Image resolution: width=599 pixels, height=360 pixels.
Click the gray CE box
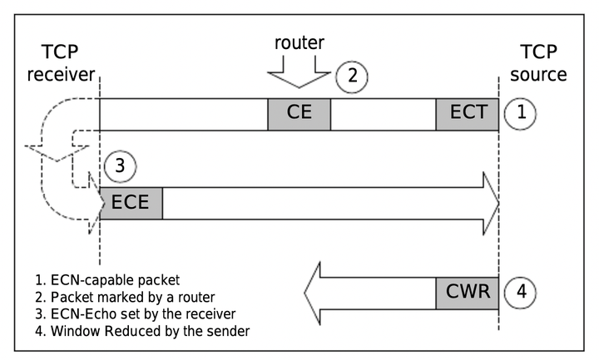[299, 114]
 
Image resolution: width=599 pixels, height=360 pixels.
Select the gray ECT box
[467, 114]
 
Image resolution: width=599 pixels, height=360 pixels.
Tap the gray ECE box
[131, 203]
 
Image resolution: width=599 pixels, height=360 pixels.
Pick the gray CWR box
[467, 293]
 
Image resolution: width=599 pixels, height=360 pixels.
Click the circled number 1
[522, 114]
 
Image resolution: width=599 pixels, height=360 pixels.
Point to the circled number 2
[352, 76]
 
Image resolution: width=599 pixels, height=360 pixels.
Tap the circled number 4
[522, 293]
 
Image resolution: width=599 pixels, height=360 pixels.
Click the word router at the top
[299, 42]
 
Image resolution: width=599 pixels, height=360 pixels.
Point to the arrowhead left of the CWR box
[318, 293]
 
